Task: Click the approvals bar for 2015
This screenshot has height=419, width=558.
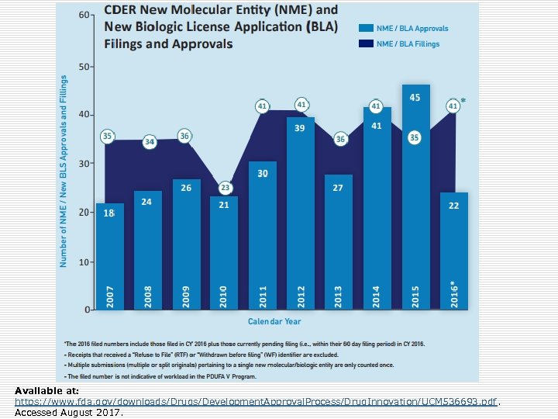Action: (415, 202)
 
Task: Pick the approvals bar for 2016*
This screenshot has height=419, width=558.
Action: (453, 248)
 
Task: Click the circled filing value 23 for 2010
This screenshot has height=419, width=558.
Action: (226, 188)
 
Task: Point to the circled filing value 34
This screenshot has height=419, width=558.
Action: (150, 142)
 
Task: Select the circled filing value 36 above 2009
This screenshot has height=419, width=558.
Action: (184, 136)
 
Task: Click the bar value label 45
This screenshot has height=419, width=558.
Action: (415, 98)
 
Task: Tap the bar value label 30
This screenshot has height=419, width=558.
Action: (263, 174)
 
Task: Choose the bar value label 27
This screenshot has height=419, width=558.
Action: (339, 188)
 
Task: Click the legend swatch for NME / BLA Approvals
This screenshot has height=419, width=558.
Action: (365, 29)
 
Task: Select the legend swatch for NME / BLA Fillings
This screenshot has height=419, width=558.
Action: (365, 44)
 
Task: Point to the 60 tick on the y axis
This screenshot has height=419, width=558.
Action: (82, 16)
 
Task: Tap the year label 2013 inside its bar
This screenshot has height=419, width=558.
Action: (339, 296)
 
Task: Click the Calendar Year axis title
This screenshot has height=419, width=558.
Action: (274, 321)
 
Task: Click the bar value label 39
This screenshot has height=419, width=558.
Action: (301, 128)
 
